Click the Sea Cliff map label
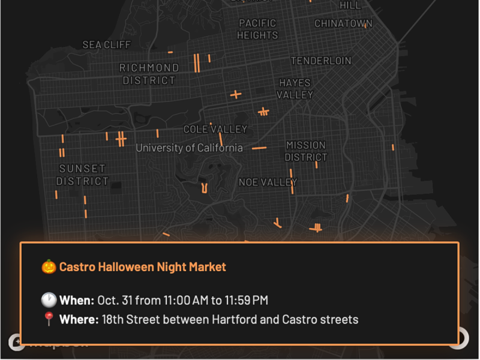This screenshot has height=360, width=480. click(x=106, y=45)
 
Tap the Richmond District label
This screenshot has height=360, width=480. click(x=149, y=74)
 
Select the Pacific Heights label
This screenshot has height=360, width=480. click(x=257, y=29)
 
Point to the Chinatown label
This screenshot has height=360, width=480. click(x=343, y=23)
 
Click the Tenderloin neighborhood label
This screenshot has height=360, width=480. click(x=321, y=61)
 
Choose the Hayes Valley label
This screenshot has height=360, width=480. click(x=295, y=89)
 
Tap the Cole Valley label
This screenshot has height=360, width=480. click(x=215, y=129)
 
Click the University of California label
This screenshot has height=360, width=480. click(x=189, y=148)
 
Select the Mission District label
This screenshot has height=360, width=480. click(x=306, y=151)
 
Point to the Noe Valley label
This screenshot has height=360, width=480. click(x=268, y=182)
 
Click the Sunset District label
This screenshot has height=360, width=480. click(x=82, y=175)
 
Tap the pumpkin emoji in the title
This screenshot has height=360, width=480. click(x=48, y=266)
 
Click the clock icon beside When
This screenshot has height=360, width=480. click(x=48, y=299)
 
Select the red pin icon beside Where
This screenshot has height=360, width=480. click(x=48, y=319)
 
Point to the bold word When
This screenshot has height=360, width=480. click(x=77, y=300)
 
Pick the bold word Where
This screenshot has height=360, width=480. click(x=79, y=319)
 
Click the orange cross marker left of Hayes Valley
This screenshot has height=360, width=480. click(x=236, y=94)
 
